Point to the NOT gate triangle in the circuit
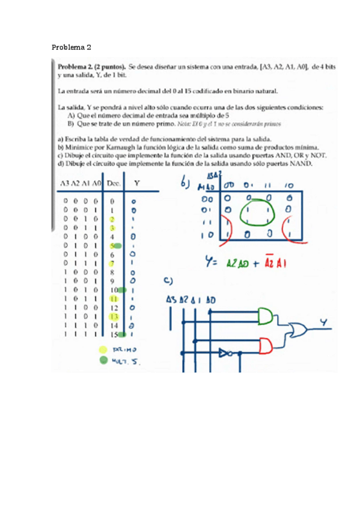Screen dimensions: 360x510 click(226, 352)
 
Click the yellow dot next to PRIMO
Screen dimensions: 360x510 click(103, 349)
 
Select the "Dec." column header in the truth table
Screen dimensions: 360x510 click(113, 183)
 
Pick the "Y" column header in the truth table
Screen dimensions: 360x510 click(138, 183)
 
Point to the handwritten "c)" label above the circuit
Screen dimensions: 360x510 click(169, 281)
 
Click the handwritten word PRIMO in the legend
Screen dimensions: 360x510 click(126, 349)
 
